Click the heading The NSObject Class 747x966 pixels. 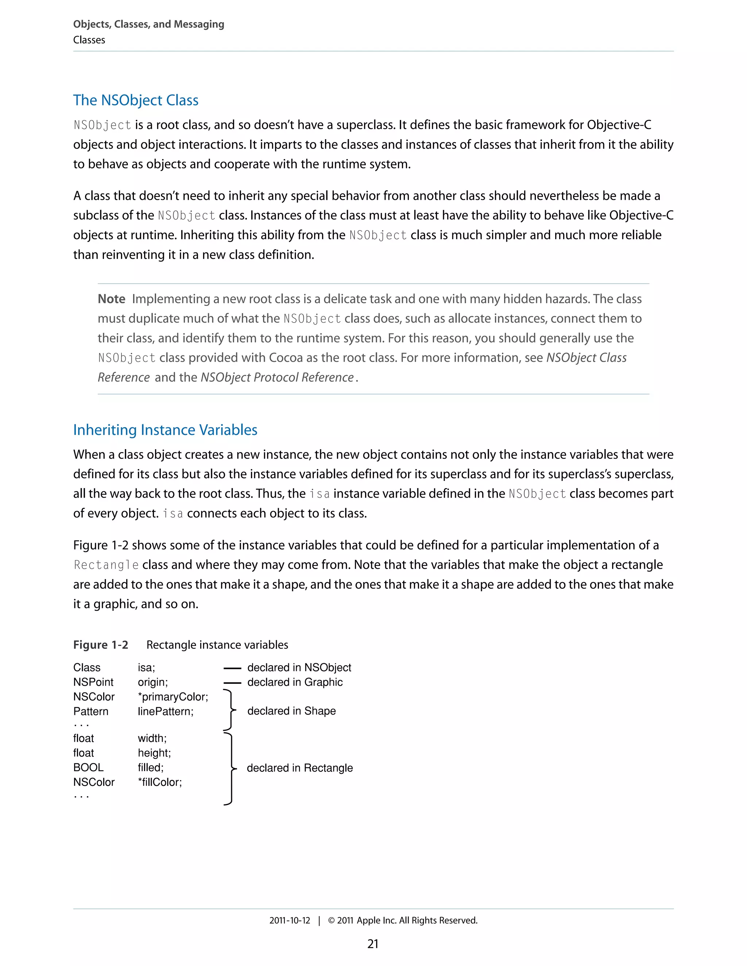coord(135,100)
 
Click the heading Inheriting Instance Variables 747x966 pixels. coord(165,430)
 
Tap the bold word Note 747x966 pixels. coord(112,299)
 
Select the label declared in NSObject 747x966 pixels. coord(299,667)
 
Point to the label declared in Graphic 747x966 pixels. coord(295,682)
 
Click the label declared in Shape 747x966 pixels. coord(291,711)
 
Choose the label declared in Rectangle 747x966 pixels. coord(299,768)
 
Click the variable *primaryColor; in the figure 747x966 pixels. coord(173,697)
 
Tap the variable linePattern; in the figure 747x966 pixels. coord(166,711)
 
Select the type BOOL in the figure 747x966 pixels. coord(88,767)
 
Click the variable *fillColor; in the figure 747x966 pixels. coord(160,782)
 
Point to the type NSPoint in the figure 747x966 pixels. coord(93,682)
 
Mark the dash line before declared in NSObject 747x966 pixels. coord(232,668)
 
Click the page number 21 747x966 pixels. coord(373,944)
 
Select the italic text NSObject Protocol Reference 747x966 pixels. coord(277,377)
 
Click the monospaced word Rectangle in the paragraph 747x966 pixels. coord(106,565)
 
